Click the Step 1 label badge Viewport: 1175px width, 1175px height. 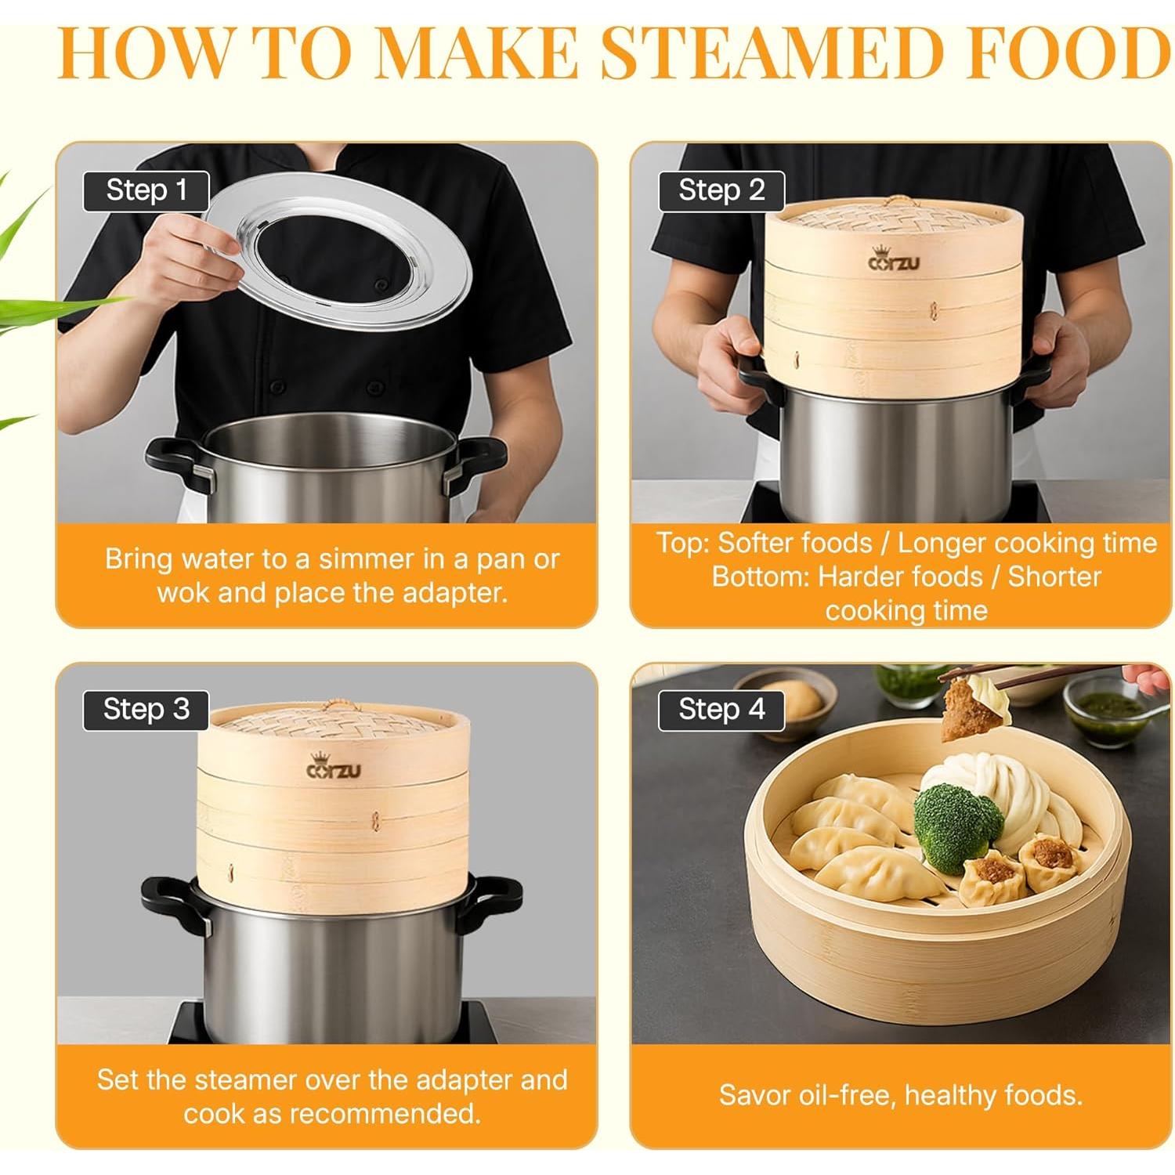(x=146, y=191)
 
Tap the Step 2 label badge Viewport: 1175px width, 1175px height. (x=721, y=191)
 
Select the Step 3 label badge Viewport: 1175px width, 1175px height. (x=146, y=710)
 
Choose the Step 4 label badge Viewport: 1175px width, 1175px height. (x=721, y=710)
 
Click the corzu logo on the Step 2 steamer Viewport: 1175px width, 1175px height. (x=894, y=260)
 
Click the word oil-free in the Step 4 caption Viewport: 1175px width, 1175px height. (x=839, y=1095)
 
